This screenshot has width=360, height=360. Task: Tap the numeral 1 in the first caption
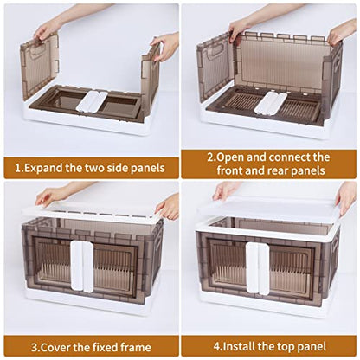tap(18, 168)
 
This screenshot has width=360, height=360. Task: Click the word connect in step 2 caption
tap(291, 157)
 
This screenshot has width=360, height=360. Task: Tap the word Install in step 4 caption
tap(239, 346)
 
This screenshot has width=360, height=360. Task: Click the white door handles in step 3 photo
tap(82, 266)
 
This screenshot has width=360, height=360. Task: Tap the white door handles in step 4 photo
tap(258, 268)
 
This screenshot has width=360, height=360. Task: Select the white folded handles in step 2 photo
tap(271, 104)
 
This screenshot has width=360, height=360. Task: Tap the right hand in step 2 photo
tap(343, 32)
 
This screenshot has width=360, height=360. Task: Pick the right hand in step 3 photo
tap(167, 207)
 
